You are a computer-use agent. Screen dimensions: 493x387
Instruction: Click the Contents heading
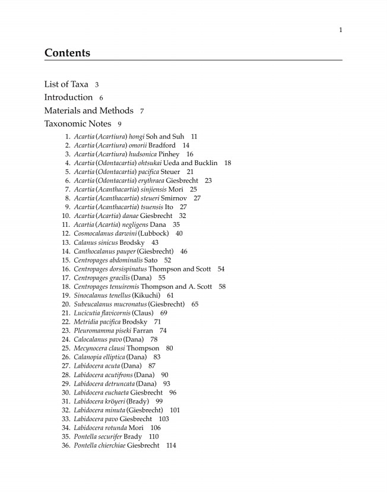(x=67, y=53)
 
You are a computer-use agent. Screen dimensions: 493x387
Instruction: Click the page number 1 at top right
(x=341, y=30)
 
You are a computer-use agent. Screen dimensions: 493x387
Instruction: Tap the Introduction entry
(x=68, y=97)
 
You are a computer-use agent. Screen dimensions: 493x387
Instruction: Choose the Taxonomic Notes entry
(x=77, y=124)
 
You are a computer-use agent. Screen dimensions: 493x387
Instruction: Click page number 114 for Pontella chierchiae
(x=171, y=445)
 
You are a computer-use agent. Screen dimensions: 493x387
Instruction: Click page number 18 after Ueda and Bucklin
(x=227, y=163)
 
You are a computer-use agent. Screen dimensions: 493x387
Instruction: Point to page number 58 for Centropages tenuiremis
(x=222, y=286)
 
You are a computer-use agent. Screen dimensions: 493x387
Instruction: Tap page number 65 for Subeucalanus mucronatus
(x=195, y=304)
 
